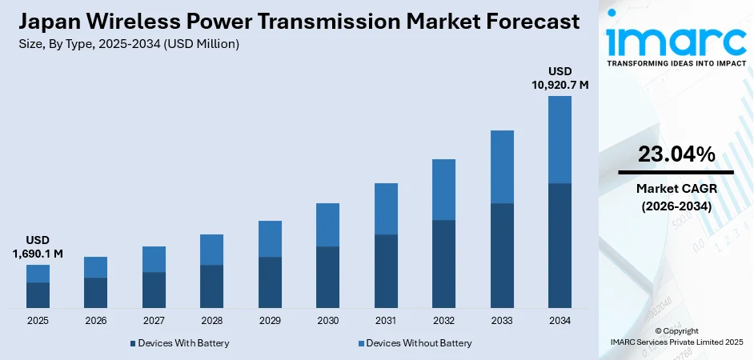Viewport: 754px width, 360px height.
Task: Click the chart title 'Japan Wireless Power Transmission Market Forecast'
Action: (x=297, y=22)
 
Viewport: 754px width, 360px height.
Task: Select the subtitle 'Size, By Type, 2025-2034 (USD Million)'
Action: (x=127, y=44)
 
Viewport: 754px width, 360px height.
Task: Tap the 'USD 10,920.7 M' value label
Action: (x=559, y=78)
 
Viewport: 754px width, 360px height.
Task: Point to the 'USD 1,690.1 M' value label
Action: (x=38, y=247)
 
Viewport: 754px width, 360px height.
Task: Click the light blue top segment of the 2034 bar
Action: (x=559, y=140)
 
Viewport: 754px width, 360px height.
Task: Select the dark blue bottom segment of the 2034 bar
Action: (x=559, y=246)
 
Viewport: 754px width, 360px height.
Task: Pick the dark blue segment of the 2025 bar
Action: (x=38, y=295)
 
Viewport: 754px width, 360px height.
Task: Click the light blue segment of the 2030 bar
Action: (x=327, y=225)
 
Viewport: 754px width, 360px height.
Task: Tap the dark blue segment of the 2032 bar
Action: (x=443, y=264)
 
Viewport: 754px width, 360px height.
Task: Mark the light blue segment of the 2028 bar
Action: (x=211, y=250)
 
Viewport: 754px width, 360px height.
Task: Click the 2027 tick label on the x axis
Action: (x=154, y=320)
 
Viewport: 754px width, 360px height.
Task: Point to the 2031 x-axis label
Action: (x=386, y=320)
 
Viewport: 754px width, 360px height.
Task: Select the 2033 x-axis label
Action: (x=502, y=320)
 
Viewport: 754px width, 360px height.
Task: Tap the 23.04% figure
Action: (x=676, y=155)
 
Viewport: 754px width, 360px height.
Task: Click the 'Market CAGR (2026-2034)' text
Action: (x=676, y=197)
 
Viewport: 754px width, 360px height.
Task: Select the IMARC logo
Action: (x=676, y=38)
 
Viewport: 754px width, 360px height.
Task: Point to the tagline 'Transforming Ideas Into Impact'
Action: (x=676, y=62)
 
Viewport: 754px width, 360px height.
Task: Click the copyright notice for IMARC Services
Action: (x=676, y=337)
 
